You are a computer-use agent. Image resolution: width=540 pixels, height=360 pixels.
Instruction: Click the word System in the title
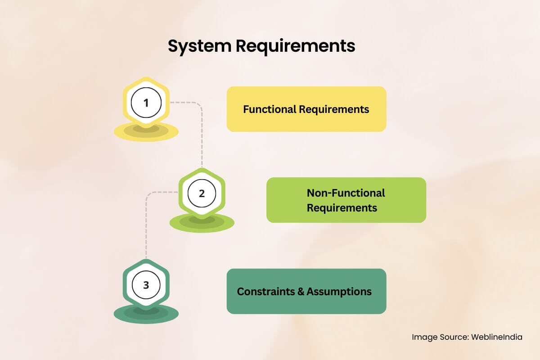point(200,46)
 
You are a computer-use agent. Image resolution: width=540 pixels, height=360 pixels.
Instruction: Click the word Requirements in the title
point(296,46)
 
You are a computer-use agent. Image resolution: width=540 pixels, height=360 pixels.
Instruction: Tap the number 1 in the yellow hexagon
point(146,103)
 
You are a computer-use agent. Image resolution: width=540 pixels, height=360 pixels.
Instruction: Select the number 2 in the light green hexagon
point(202,193)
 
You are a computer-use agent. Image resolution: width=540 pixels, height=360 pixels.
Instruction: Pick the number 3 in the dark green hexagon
point(146,285)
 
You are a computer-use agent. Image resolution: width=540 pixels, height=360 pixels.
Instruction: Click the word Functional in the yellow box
point(270,109)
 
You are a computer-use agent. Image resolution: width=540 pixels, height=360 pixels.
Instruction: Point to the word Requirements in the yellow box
point(334,110)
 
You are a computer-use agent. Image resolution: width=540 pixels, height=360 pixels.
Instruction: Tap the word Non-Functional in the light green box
point(346,193)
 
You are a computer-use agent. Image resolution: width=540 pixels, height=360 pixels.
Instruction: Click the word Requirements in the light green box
point(342,208)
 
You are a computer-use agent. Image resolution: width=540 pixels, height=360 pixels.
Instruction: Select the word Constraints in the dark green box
point(266,292)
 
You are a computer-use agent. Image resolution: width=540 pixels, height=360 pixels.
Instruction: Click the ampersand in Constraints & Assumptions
point(301,292)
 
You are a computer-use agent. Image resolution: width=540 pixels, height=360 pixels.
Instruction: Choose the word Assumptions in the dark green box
point(339,292)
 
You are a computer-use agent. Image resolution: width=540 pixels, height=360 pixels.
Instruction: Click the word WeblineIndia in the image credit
point(497,337)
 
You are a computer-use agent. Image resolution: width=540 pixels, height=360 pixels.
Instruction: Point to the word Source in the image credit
point(454,337)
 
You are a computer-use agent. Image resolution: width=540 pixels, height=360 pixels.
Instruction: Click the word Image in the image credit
point(424,337)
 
